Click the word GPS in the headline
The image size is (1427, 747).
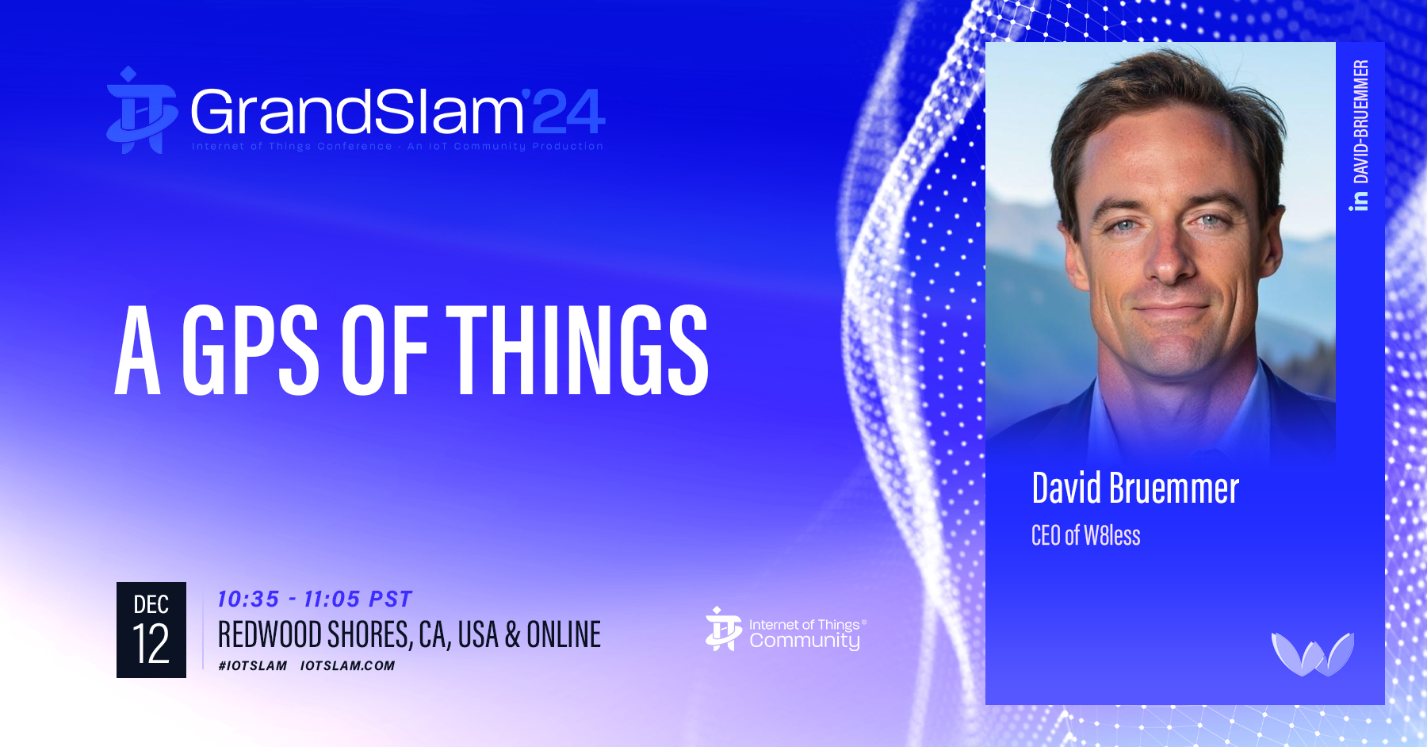251,350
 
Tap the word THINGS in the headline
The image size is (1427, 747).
577,350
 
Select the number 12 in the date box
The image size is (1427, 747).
151,644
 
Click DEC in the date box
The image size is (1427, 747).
151,604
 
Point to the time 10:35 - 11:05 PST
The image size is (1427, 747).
315,599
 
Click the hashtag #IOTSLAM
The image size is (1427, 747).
252,665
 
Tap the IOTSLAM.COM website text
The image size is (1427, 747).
347,665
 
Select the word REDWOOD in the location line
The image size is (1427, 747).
270,634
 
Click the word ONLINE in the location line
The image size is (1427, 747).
564,634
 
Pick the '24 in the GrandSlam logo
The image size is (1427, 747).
564,111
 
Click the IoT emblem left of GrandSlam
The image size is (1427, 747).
141,110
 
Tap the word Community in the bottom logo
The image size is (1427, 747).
805,641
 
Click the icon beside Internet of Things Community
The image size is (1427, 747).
724,629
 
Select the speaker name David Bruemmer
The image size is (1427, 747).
1135,488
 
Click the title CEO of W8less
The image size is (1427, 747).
1085,535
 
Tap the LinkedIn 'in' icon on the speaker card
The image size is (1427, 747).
1360,201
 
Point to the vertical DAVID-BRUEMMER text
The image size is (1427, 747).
1360,122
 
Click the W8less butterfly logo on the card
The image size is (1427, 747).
1312,653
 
